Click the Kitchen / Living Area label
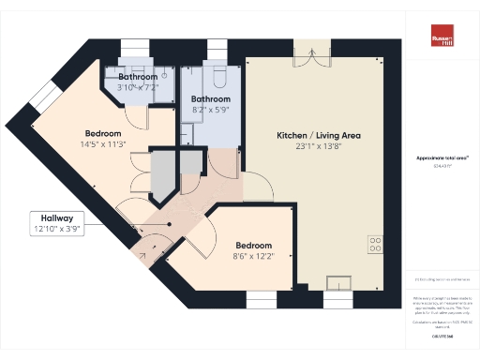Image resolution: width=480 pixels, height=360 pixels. [x=318, y=136]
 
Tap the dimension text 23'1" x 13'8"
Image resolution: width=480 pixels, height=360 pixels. [x=318, y=147]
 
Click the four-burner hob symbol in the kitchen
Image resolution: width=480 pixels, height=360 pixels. [x=375, y=243]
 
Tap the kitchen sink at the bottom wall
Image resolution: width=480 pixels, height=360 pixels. [x=337, y=282]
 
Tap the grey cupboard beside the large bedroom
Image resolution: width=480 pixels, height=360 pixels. [x=164, y=174]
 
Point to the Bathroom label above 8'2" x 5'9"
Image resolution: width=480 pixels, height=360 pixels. [x=211, y=98]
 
